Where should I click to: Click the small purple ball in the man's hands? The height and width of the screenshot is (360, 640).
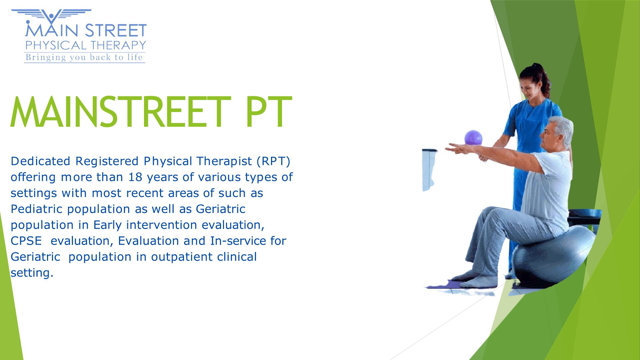pos(473,138)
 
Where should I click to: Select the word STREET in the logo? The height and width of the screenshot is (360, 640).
pos(116,31)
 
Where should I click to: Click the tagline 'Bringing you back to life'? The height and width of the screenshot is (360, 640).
pos(84,57)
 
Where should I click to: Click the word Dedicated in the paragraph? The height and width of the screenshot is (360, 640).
pos(40,161)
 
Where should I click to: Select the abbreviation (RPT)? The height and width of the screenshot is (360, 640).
pos(273,161)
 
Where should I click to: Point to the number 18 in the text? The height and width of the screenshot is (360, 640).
pos(135,177)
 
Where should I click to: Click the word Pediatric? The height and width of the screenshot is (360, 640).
pos(36,209)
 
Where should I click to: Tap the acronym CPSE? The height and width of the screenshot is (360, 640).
pos(26,241)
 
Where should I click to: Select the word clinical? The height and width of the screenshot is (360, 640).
pos(237,257)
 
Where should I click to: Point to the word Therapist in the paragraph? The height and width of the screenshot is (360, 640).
pos(224,162)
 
